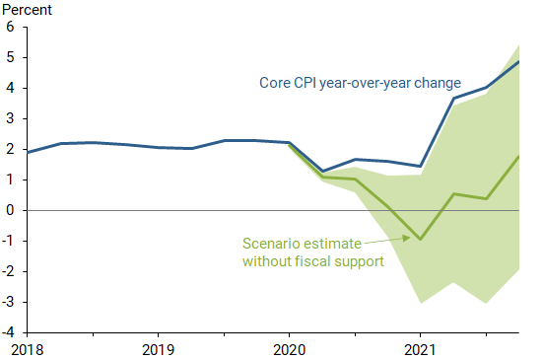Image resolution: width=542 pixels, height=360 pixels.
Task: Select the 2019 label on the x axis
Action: (x=158, y=349)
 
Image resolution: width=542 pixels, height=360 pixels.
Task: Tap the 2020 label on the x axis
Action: (x=290, y=349)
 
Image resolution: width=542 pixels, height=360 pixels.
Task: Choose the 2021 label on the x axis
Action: (x=421, y=349)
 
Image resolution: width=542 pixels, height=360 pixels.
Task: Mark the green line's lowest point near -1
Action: (x=421, y=240)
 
